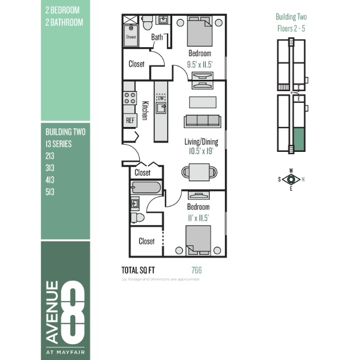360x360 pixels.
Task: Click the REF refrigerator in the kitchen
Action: point(130,120)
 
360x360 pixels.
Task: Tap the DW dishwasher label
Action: point(161,98)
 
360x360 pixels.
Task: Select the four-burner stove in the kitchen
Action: point(130,98)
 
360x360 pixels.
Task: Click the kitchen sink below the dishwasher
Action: point(161,108)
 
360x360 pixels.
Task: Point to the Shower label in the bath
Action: point(131,37)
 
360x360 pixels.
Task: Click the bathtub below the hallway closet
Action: point(146,187)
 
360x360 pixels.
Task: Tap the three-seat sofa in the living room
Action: point(202,121)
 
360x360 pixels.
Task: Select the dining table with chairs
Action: point(199,172)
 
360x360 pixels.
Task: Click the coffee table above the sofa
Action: point(202,102)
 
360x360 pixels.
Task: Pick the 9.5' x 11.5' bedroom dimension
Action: point(200,65)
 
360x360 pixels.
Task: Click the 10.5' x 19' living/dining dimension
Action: point(201,151)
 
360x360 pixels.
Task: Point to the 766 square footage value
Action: point(196,270)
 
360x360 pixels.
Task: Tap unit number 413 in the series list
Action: point(50,180)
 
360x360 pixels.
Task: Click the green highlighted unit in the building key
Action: point(299,139)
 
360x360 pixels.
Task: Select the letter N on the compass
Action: point(303,179)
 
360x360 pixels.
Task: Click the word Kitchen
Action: point(145,111)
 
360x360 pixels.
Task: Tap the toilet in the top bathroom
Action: point(147,22)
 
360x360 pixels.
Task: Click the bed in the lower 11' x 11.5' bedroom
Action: point(199,240)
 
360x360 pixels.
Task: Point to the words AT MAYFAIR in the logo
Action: point(65,352)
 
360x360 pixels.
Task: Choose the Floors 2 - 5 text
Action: point(291,29)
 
